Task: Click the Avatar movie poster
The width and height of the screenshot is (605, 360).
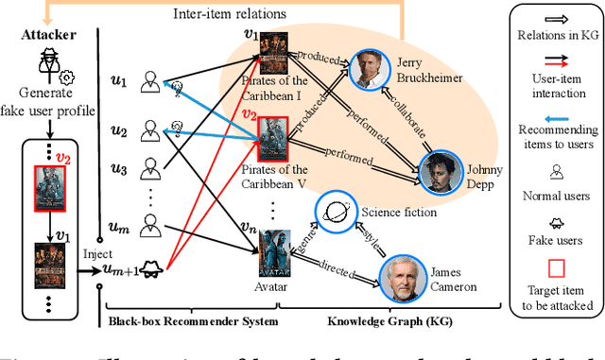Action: (278, 250)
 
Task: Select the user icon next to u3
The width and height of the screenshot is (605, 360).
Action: (147, 169)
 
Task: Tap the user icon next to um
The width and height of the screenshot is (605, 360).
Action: (147, 223)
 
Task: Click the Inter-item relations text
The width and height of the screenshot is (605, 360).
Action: (228, 14)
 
